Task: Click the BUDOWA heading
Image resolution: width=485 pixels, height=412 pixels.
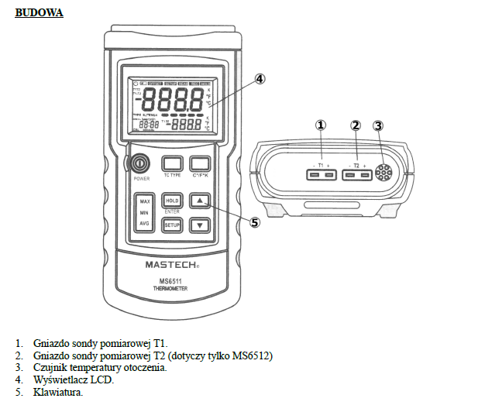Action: tap(39, 14)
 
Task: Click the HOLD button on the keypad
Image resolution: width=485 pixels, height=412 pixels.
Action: tap(171, 201)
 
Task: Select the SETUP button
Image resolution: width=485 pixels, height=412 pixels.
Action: tap(171, 225)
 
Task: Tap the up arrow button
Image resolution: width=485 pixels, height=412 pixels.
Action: tap(200, 201)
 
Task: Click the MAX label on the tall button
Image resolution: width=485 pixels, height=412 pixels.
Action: tap(144, 201)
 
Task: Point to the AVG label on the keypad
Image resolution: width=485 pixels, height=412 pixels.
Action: tap(144, 223)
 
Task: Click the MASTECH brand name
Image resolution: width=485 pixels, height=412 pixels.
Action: tap(172, 263)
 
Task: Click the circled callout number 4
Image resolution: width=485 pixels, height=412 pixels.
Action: tap(260, 79)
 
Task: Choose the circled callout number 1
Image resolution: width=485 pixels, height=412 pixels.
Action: tap(321, 125)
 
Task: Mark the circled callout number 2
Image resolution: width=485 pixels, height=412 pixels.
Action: tap(356, 125)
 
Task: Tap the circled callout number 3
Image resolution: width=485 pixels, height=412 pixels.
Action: tap(378, 125)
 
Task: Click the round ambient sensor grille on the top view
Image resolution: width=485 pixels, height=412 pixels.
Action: tap(383, 174)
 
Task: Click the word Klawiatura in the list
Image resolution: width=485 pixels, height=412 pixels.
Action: tap(58, 393)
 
